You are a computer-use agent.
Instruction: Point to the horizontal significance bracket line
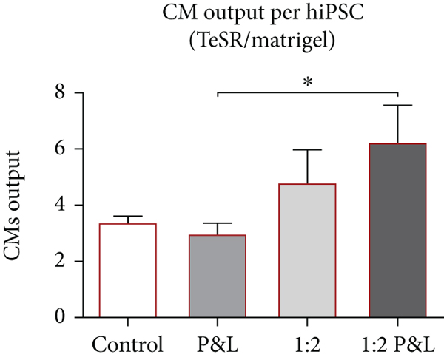point(308,93)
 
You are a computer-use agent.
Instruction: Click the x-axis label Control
point(127,344)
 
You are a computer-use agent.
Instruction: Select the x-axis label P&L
point(218,344)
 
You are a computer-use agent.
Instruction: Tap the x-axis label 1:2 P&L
point(398,344)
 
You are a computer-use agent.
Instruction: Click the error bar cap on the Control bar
point(127,216)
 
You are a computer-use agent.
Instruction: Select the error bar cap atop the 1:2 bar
point(308,150)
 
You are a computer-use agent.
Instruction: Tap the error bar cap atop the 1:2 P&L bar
point(398,106)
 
